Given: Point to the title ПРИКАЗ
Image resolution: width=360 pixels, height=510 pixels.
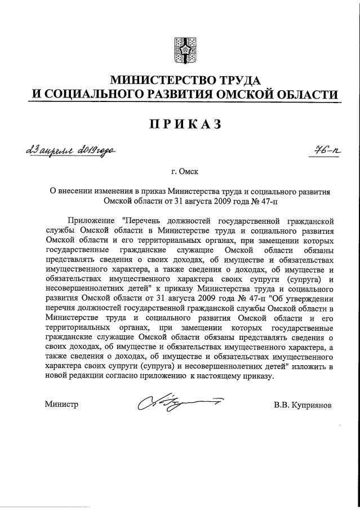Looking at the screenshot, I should (x=180, y=124).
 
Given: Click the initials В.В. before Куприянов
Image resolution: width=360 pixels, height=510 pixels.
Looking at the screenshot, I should (x=282, y=405).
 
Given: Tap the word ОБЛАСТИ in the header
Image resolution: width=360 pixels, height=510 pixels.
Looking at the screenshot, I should (x=313, y=94).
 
